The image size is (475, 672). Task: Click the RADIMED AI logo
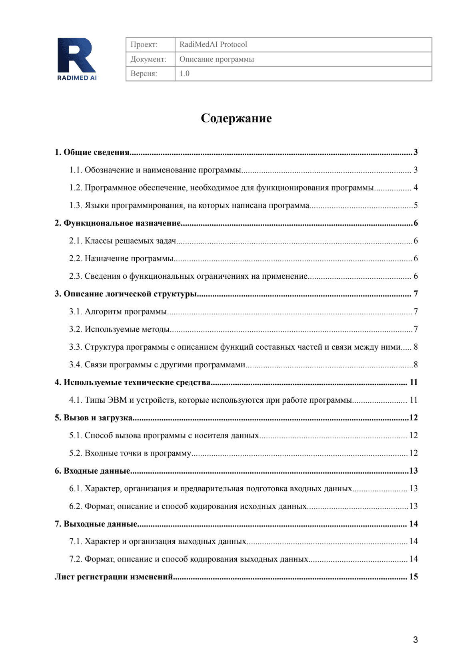77,59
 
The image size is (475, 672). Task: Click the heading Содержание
236,118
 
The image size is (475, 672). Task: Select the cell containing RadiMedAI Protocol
213,44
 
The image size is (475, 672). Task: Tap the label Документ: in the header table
148,59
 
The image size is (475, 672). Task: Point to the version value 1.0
184,74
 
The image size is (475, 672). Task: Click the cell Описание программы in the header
216,59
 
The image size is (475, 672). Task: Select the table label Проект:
144,44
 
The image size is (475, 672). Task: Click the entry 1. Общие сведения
92,152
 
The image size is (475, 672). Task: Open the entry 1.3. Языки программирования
189,206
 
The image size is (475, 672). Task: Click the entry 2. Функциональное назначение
118,223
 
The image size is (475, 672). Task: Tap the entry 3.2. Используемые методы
120,329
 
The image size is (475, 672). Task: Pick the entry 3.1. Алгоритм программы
118,312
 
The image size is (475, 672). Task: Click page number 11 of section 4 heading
413,382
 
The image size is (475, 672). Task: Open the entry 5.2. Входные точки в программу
130,453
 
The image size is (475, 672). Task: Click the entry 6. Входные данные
93,471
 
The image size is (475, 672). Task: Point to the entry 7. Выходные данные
96,524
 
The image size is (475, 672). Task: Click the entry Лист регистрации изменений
114,577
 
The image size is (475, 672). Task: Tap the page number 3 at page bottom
415,640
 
